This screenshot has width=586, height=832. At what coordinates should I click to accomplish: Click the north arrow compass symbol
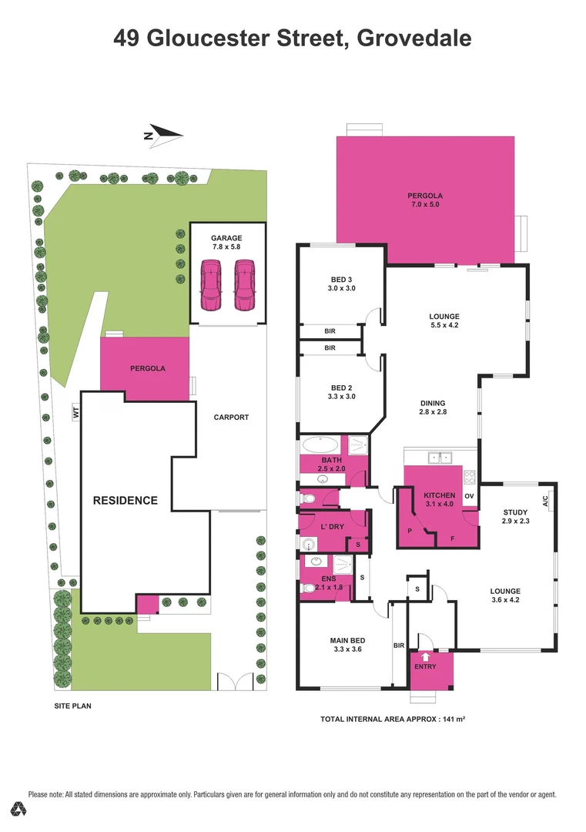(163, 136)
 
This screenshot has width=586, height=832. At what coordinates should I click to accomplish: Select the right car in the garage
(244, 285)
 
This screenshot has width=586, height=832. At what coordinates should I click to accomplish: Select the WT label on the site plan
(75, 412)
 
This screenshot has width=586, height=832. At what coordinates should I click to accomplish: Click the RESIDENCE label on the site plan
(125, 500)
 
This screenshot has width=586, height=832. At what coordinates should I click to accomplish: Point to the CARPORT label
(231, 417)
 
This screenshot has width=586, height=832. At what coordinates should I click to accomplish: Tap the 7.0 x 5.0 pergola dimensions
(425, 205)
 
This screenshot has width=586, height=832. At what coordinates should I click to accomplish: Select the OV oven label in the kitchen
(469, 496)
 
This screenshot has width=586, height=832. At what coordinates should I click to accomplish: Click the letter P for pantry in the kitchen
(410, 531)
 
